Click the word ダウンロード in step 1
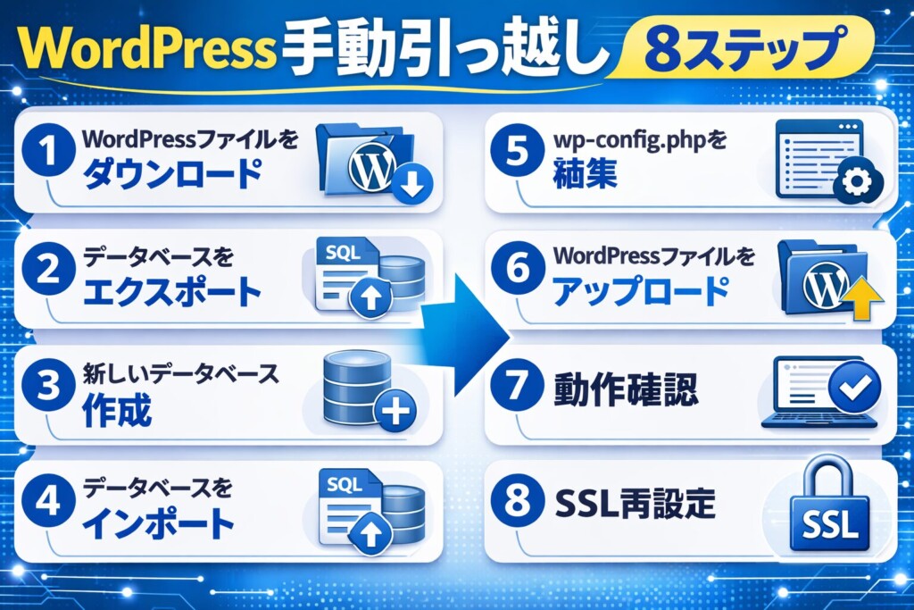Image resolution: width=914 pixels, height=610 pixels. [173, 173]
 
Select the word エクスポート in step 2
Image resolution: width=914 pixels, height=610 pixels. [173, 292]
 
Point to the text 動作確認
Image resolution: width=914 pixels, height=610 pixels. [625, 390]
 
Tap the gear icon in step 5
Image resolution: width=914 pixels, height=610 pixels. [856, 182]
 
